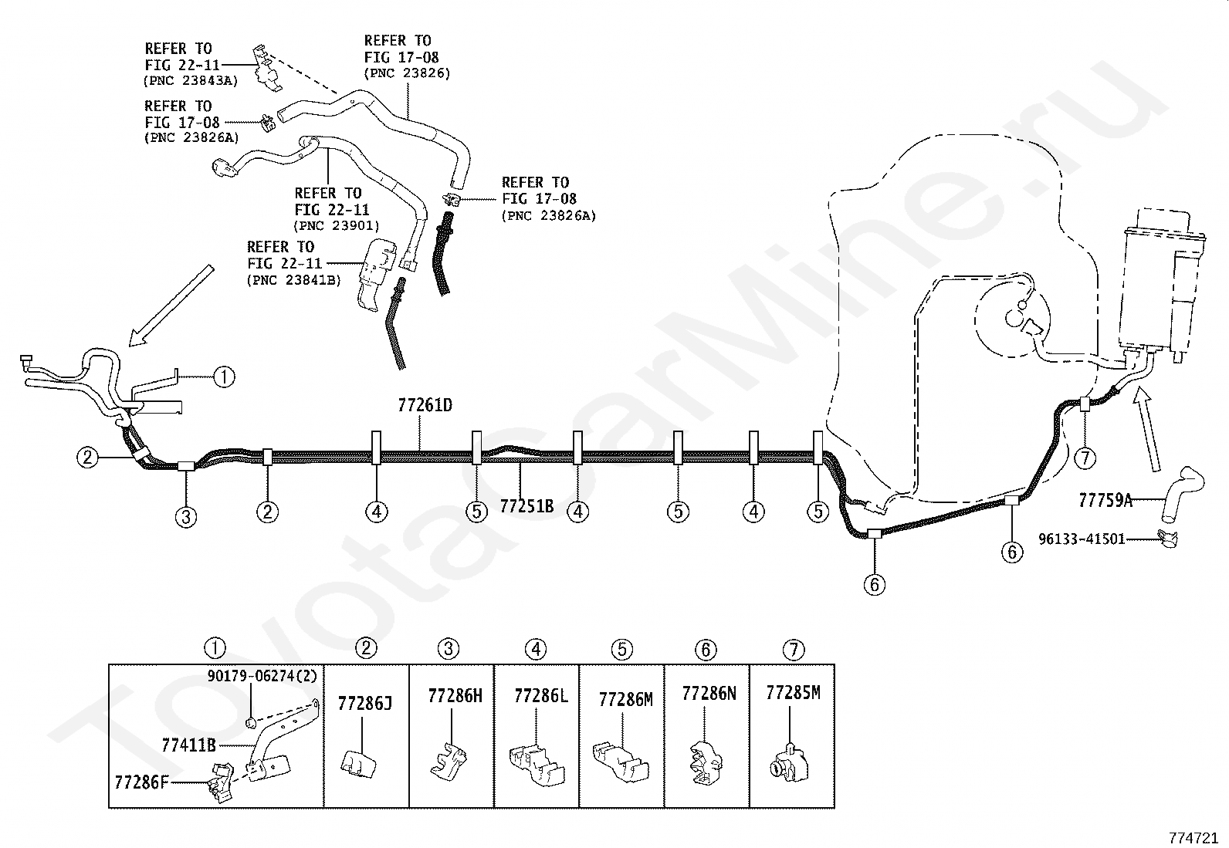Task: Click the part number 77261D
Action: (x=425, y=405)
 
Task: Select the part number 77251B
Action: (x=526, y=505)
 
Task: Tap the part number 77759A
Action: (x=1105, y=500)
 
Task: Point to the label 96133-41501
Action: (x=1082, y=539)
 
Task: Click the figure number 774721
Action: (x=1193, y=838)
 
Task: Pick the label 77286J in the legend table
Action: (x=365, y=703)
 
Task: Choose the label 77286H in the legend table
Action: (x=455, y=695)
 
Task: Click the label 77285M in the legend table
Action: (x=793, y=693)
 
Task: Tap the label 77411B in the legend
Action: (x=188, y=745)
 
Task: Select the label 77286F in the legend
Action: (x=141, y=782)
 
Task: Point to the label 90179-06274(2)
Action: (x=262, y=676)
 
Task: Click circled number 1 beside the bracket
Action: (x=224, y=377)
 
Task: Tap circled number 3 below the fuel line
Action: (x=186, y=517)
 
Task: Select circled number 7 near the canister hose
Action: (x=1085, y=458)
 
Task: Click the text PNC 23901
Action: (x=337, y=225)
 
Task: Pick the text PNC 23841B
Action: (x=293, y=280)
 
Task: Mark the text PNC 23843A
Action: (x=191, y=80)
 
